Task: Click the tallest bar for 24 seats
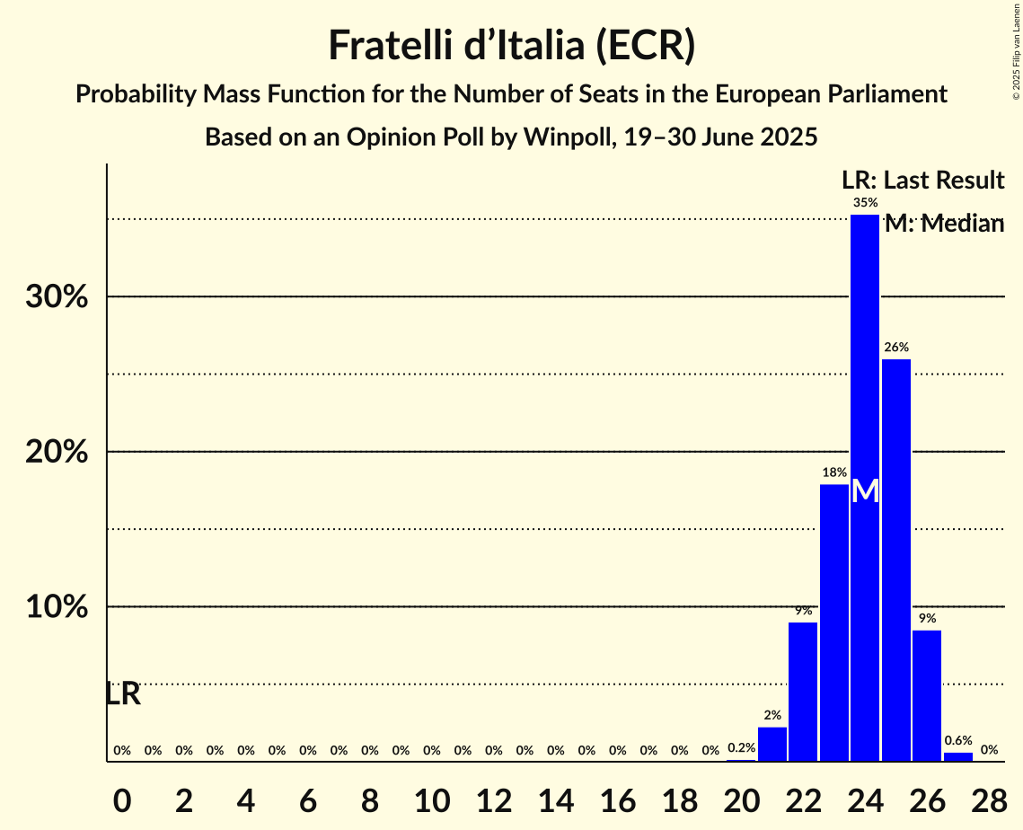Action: [x=865, y=377]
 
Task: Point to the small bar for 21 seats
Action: [x=772, y=744]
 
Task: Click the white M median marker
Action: [x=865, y=490]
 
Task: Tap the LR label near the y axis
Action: [x=122, y=693]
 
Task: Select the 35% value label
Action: [x=865, y=203]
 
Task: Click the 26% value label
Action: [x=895, y=348]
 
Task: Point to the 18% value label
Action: [x=833, y=472]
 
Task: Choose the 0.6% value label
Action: [x=957, y=741]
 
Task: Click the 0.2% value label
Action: [x=741, y=748]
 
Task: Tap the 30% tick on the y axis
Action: [x=57, y=297]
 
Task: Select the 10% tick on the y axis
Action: [x=57, y=607]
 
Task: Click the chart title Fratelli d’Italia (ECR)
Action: [x=511, y=46]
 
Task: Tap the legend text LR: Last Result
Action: [x=922, y=181]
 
